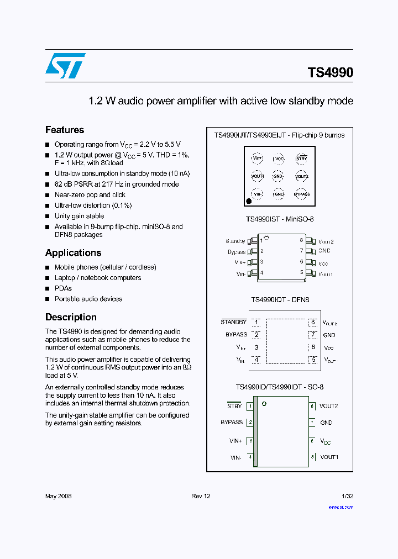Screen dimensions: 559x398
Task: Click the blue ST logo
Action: pos(65,66)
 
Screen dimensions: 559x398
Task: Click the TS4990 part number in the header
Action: pos(330,73)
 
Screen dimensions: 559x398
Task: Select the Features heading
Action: pos(65,130)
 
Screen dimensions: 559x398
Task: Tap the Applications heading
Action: pos(73,253)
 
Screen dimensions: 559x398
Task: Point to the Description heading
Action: pos(71,318)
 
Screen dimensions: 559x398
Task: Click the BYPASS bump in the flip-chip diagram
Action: pos(302,194)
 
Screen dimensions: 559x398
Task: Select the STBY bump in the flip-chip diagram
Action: pos(301,159)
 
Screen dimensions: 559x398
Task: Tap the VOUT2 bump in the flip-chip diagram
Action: pos(301,176)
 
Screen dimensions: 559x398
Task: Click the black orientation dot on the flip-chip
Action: pos(249,202)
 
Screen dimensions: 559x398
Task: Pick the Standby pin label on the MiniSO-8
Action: pos(235,241)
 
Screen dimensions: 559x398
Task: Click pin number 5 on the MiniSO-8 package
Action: pos(302,272)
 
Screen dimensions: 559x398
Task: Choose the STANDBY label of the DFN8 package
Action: pos(234,322)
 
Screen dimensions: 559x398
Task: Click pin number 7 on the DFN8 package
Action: pos(312,335)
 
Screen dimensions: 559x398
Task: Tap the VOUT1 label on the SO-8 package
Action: pos(329,457)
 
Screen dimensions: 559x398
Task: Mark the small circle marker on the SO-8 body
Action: pos(264,404)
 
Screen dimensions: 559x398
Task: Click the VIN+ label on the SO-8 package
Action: pos(235,441)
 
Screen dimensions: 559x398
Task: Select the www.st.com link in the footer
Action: pos(341,507)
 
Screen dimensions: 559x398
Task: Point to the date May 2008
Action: pos(58,496)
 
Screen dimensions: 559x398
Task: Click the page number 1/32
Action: pos(347,496)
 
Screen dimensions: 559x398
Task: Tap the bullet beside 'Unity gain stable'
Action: pos(48,217)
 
